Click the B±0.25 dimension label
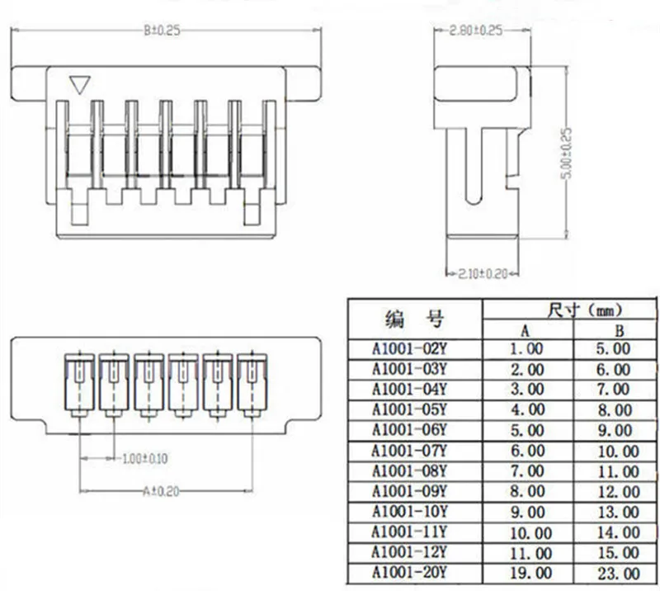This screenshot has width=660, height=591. (162, 31)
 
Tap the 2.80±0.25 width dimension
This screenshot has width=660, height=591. (476, 31)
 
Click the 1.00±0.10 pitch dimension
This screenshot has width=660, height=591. (144, 457)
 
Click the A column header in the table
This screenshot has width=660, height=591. (525, 330)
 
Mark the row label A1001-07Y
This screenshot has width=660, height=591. (409, 451)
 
